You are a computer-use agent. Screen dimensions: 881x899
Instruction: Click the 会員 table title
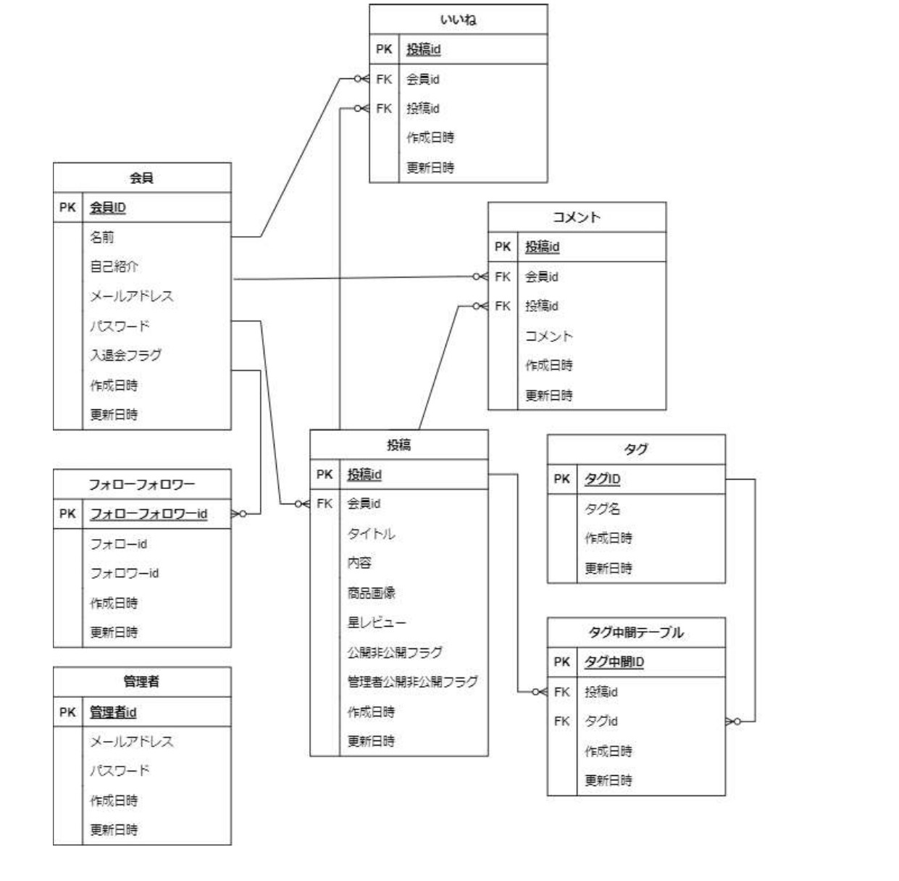coord(141,178)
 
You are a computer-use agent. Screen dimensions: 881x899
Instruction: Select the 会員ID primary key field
coord(108,208)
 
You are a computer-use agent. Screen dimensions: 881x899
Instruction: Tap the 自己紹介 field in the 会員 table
coord(114,267)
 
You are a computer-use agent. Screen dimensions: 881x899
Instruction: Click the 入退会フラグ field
coord(125,355)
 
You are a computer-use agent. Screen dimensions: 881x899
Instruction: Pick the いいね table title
coord(458,20)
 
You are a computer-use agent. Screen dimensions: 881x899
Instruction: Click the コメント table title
coord(577,217)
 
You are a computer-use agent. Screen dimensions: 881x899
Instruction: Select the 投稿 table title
coord(398,445)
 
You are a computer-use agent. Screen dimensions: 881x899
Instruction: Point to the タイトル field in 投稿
coord(371,534)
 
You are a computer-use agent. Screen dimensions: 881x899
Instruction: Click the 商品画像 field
coord(371,593)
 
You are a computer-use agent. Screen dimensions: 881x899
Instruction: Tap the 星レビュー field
coord(377,622)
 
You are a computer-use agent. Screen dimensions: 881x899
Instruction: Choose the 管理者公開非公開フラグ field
coord(412,682)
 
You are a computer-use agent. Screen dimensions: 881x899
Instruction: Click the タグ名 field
coord(602,509)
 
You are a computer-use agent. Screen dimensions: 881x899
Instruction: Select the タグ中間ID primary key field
coord(614,661)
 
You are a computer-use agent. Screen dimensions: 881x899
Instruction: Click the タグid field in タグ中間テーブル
coord(601,721)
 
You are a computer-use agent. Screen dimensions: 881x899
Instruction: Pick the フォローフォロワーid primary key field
coord(149,514)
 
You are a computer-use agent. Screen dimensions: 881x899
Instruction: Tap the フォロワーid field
coord(124,573)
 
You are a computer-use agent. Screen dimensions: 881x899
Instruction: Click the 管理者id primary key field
coord(113,712)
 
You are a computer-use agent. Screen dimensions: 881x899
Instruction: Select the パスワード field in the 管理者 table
coord(120,770)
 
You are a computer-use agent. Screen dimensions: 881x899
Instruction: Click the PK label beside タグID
coord(562,479)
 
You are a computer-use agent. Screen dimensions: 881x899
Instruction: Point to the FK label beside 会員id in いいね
coord(384,79)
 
